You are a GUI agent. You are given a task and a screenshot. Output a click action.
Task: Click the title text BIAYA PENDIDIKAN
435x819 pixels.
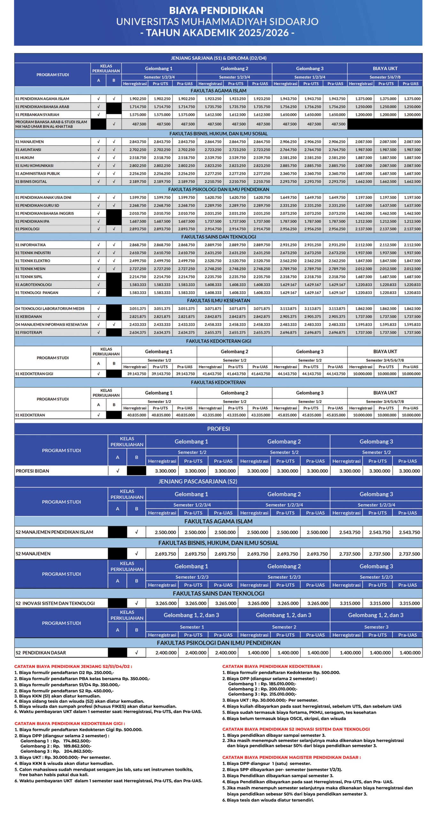coord(216,11)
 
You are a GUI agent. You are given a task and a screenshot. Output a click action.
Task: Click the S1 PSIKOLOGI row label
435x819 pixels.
coord(27,229)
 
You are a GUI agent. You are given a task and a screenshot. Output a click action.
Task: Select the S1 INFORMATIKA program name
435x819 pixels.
coord(30,245)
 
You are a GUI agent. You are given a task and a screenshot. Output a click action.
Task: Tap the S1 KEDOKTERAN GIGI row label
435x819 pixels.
coord(34,374)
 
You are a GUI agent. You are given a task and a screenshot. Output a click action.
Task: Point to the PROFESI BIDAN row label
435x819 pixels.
coord(33,471)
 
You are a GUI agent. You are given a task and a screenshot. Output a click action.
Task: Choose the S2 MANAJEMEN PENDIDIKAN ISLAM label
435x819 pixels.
coord(54,532)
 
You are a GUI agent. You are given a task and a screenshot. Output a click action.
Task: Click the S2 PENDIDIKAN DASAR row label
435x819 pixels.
coord(41,653)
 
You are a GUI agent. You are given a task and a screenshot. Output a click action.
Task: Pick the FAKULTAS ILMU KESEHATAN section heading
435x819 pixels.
coord(218,301)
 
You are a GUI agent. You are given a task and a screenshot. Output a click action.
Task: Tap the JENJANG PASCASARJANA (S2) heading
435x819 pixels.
coord(198,481)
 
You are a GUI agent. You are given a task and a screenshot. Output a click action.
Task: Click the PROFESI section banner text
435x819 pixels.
coord(218,429)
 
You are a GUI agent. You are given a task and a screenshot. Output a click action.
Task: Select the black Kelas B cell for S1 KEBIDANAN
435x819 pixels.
coord(114,317)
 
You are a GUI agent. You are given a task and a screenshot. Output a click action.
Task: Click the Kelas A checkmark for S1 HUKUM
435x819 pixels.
coord(98,158)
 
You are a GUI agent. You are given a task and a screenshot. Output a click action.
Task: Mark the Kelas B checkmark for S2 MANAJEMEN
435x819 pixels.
coord(136,554)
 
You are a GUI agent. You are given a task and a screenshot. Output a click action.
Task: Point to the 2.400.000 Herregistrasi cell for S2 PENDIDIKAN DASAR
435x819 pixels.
coord(166,653)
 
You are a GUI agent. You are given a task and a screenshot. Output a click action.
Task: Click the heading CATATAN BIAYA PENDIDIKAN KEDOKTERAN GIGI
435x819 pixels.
coord(70,724)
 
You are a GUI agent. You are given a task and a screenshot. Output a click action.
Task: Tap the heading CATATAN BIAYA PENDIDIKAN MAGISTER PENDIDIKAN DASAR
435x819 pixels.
coord(291,758)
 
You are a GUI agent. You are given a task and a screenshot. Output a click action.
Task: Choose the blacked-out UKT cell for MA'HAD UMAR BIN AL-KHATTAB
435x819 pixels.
coord(385,124)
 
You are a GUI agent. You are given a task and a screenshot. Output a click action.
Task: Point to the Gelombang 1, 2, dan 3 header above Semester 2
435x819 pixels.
coord(283,615)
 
